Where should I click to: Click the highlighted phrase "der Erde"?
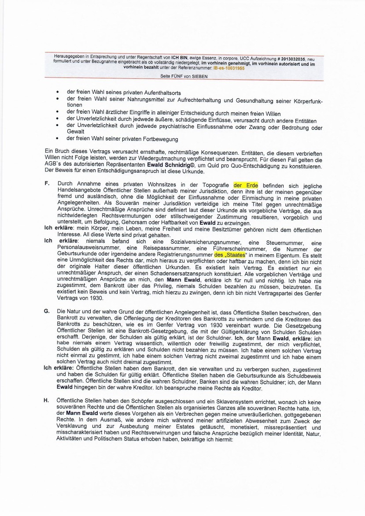point(246,186)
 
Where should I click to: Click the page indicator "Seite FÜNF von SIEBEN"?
point(184,76)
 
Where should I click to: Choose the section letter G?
point(46,311)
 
